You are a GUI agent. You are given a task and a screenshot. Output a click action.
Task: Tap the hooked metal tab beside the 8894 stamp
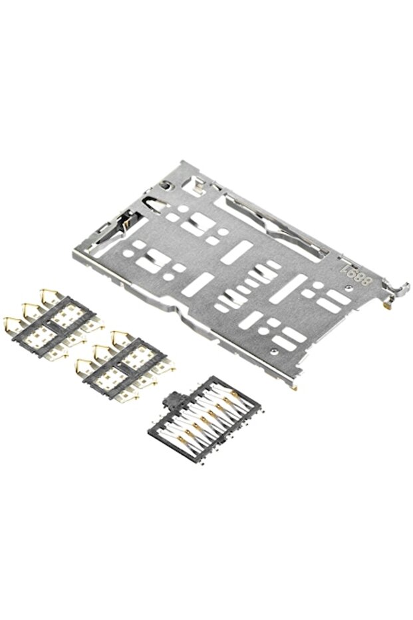(x=399, y=290)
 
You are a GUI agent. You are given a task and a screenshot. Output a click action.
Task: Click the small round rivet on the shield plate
(x=273, y=348)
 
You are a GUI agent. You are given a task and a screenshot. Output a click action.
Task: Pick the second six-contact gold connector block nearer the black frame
(x=123, y=363)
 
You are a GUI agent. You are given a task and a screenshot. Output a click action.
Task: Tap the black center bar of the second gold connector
(x=124, y=365)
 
